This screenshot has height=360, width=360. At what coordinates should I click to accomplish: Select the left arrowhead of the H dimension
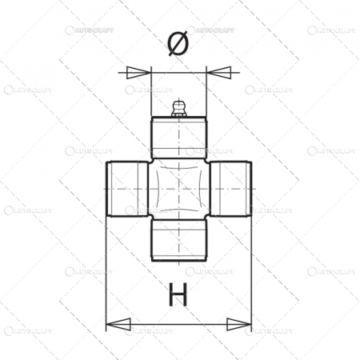pyautogui.click(x=117, y=324)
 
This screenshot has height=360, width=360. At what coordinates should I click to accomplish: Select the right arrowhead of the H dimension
pyautogui.click(x=241, y=324)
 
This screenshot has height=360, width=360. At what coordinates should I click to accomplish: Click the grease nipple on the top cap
pyautogui.click(x=179, y=108)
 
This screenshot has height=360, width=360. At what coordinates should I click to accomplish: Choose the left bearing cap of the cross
pyautogui.click(x=126, y=189)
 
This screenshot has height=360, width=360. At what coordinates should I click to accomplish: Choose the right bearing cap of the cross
pyautogui.click(x=232, y=189)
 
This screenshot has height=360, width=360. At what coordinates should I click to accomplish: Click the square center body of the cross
pyautogui.click(x=179, y=189)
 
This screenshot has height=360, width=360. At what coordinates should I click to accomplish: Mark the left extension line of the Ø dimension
pyautogui.click(x=151, y=92)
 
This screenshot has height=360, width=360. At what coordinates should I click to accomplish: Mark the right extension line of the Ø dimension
pyautogui.click(x=207, y=92)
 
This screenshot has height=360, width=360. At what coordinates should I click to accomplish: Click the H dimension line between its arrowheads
pyautogui.click(x=179, y=324)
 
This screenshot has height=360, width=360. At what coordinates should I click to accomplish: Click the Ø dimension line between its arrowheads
pyautogui.click(x=179, y=73)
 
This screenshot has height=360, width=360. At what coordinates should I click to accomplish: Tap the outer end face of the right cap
pyautogui.click(x=250, y=189)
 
